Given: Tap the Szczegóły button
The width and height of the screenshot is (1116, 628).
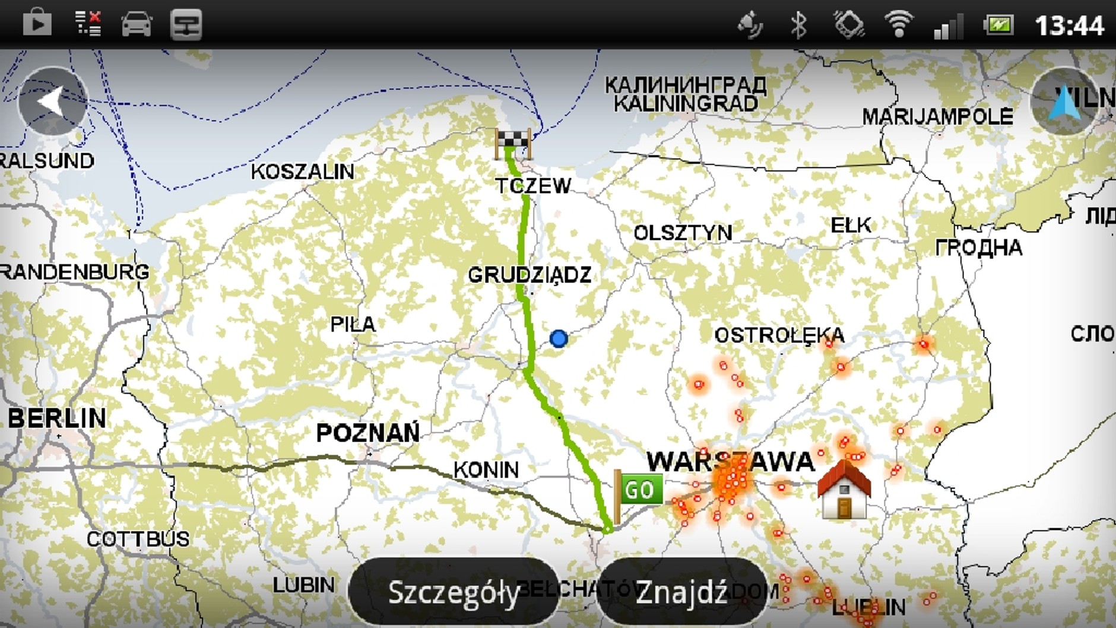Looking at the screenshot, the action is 454,592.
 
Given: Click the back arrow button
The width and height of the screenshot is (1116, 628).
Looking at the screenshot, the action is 53,101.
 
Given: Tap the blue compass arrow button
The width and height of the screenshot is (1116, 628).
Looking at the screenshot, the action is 1064,102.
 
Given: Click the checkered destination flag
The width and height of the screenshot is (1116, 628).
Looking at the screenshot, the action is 512,142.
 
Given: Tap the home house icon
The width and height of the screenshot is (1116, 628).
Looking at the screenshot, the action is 844,490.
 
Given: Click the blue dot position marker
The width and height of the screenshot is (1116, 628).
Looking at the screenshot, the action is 559,338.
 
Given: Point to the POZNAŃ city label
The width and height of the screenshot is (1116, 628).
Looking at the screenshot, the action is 367,433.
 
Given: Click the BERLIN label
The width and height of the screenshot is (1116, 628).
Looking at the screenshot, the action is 57,418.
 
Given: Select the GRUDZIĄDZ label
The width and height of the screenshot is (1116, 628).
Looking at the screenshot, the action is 530,275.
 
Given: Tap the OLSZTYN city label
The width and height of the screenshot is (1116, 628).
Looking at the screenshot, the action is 683,233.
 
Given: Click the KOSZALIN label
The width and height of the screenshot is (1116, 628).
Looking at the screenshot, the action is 302,172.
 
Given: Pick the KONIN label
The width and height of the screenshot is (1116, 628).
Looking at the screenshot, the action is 486,470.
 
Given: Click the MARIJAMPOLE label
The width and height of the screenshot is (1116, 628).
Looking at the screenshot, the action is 937,116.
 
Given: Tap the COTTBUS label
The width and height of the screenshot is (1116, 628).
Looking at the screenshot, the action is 138,539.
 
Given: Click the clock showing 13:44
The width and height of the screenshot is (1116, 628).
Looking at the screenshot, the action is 1069,26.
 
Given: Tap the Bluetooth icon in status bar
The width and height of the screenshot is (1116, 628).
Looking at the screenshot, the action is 799,25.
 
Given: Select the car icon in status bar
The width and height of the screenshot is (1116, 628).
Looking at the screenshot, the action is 137,25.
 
